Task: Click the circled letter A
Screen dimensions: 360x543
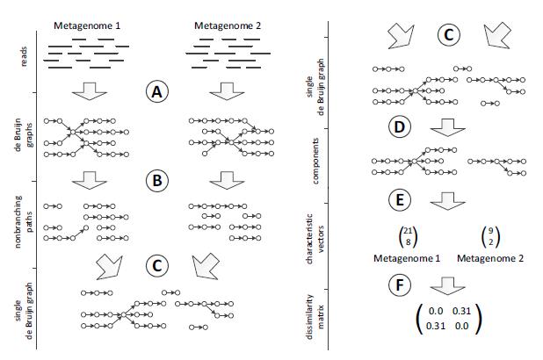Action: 156,92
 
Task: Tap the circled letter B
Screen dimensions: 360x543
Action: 156,181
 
